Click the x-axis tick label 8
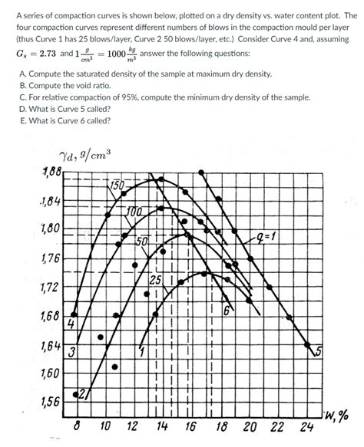click(78, 426)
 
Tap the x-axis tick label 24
click(306, 426)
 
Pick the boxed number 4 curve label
click(70, 324)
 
